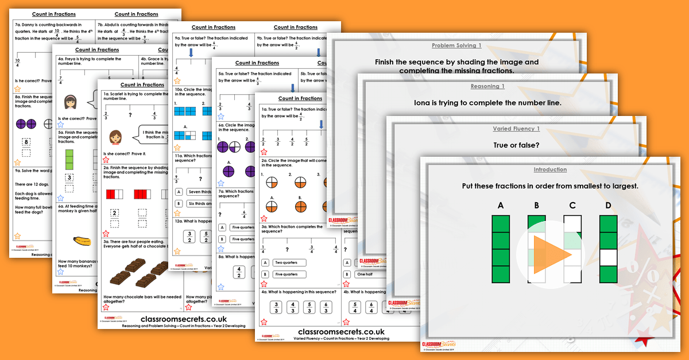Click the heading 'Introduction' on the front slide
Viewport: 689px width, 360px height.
coord(550,170)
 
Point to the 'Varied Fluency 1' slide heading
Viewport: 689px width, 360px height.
coord(516,129)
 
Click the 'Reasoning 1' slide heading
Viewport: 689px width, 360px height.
coord(487,87)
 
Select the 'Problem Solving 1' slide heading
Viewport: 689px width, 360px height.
coord(456,45)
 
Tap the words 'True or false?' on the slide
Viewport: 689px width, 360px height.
coord(516,145)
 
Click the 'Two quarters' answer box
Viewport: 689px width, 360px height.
coord(291,262)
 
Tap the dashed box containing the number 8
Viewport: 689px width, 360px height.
coord(26,142)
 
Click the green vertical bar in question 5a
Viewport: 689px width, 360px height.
coord(69,160)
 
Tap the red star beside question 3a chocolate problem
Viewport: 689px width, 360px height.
coord(106,307)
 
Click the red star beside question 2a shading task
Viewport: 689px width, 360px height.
coord(106,234)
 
